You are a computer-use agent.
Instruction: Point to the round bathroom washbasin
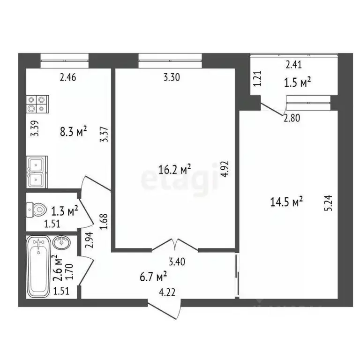(x=61, y=244)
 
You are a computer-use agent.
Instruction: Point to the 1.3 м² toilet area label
(x=65, y=212)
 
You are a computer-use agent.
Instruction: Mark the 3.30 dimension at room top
(x=171, y=78)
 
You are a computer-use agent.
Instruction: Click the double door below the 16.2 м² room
(x=175, y=245)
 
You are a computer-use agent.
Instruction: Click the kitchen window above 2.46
(x=64, y=58)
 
